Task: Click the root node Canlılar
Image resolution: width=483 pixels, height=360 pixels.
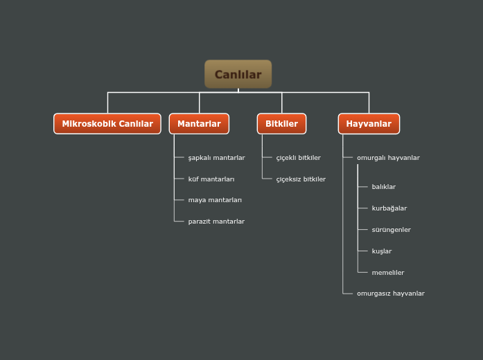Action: coord(238,74)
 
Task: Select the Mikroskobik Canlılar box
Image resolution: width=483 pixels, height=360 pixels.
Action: coord(107,124)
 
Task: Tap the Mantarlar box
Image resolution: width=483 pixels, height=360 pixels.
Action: coord(199,124)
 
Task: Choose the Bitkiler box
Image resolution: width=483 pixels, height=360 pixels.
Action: coord(281,124)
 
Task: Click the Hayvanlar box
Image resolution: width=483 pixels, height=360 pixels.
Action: coord(369,124)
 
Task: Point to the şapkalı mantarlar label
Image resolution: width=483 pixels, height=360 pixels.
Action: coord(216,158)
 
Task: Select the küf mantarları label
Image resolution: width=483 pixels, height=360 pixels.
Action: coord(211,179)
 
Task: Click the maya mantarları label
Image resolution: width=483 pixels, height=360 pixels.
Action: coord(215,200)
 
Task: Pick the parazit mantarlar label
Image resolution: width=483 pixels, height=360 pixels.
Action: coord(216,222)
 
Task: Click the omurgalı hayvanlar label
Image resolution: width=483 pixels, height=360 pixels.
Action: coord(388,158)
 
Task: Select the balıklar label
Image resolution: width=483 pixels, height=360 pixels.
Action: coord(384,187)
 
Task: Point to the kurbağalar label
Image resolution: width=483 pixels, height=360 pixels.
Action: coord(389,208)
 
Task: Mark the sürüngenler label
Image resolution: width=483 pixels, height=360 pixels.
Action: coord(392,230)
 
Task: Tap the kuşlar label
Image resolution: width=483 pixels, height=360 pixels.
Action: coord(382,251)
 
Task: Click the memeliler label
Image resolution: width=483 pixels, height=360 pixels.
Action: coord(388,273)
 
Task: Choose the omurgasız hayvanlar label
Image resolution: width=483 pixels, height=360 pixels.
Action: coord(391,294)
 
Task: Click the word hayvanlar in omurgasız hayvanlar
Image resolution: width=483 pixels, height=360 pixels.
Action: coord(408,294)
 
